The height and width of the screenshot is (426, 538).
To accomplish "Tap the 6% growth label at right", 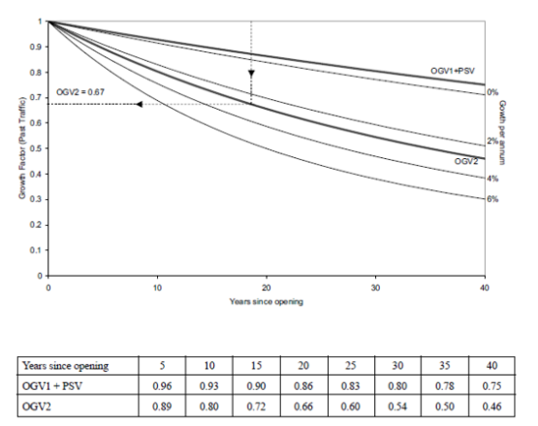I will click(x=491, y=200).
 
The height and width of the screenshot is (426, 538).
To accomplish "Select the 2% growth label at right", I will click(x=491, y=142).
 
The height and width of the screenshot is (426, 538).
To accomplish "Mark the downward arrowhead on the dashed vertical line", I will click(x=251, y=73).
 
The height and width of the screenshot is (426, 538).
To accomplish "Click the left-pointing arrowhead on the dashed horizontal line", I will click(x=140, y=103).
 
